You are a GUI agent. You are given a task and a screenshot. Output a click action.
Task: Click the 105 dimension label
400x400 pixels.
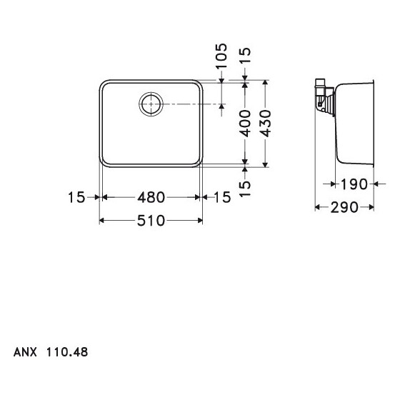[221, 56]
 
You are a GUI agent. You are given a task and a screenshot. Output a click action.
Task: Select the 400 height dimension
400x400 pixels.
[245, 123]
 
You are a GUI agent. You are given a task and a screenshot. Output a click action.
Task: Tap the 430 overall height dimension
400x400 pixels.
[265, 123]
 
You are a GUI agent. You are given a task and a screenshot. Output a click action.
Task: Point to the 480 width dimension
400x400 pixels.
[151, 197]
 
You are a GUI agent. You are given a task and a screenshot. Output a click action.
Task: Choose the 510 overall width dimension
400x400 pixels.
[151, 221]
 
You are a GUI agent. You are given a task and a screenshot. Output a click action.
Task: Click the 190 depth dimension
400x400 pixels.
[354, 184]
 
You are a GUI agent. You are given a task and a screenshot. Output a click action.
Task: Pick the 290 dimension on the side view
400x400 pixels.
[344, 207]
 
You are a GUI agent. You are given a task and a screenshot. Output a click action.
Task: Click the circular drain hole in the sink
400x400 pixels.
[151, 104]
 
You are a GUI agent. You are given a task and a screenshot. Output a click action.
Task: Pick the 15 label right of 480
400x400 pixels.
[222, 197]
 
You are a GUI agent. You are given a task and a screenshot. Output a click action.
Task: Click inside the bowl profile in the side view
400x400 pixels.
[355, 121]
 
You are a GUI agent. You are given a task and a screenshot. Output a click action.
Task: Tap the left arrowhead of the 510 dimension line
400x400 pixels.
[101, 221]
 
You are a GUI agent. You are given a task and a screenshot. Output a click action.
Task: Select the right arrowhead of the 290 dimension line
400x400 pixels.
[371, 207]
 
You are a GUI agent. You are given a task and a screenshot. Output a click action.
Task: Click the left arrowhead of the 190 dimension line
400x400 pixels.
[336, 184]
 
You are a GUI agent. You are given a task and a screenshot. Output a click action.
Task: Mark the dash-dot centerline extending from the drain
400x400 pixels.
[189, 104]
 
